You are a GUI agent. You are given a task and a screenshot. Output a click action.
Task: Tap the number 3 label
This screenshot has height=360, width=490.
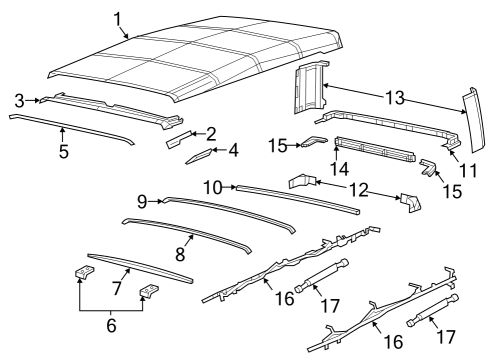click(x=19, y=99)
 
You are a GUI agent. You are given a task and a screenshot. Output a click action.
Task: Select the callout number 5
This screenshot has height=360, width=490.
click(x=63, y=152)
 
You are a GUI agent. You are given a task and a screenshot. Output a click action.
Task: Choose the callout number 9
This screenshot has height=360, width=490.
click(x=143, y=201)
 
